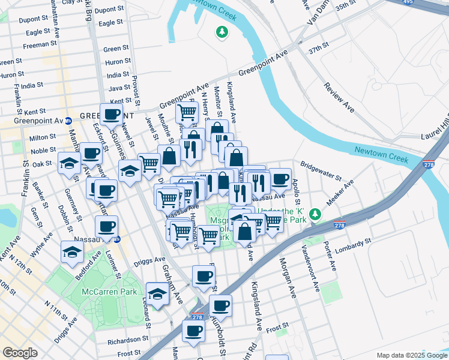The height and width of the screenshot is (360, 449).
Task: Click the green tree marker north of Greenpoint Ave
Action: pos(223,31)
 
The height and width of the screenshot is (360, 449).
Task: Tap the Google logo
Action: pos(20,353)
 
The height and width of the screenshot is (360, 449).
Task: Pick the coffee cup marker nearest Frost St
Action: pos(194,331)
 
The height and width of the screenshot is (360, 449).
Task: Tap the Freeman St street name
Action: pos(40,45)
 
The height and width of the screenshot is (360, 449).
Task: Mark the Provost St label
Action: pos(136,88)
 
